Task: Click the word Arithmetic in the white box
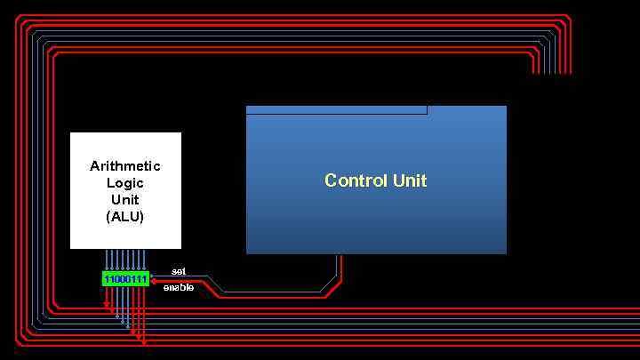(125, 166)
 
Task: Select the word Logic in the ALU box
(125, 183)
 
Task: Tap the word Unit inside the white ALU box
(125, 200)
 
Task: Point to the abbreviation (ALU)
(125, 217)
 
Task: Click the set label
(179, 271)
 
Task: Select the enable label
(179, 287)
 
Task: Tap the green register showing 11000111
(125, 279)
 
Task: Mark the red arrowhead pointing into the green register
(155, 280)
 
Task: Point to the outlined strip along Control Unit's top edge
(336, 110)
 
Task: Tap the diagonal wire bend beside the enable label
(214, 285)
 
